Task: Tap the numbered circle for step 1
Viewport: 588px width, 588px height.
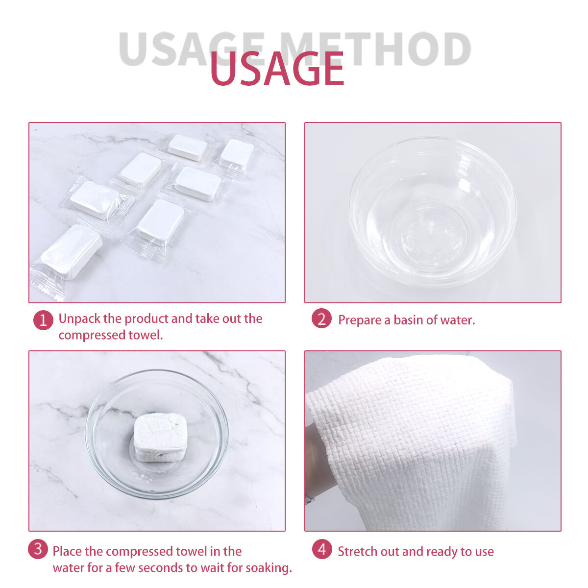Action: [x=43, y=320]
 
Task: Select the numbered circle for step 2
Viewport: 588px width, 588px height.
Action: [x=321, y=318]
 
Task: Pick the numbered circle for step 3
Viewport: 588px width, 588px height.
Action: [x=38, y=549]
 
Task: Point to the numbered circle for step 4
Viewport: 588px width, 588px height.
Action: [x=322, y=549]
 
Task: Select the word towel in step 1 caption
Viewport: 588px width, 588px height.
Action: [x=146, y=335]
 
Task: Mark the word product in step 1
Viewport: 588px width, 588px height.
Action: [x=147, y=319]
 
